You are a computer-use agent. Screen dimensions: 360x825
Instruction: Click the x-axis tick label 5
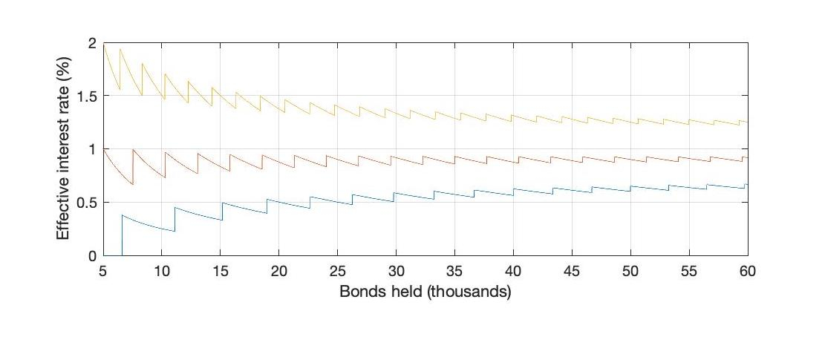pyautogui.click(x=103, y=272)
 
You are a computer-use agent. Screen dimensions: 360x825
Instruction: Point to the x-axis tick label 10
pyautogui.click(x=162, y=272)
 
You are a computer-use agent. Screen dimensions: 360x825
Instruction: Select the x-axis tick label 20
pyautogui.click(x=279, y=272)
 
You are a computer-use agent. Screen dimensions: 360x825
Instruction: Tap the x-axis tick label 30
pyautogui.click(x=397, y=272)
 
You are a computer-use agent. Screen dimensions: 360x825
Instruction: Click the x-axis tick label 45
pyautogui.click(x=572, y=272)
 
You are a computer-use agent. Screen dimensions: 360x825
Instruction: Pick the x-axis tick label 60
pyautogui.click(x=748, y=272)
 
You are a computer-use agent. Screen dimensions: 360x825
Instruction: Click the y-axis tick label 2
pyautogui.click(x=92, y=44)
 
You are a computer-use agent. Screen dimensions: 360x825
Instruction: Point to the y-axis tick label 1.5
pyautogui.click(x=86, y=96)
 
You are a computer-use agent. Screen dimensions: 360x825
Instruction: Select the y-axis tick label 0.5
pyautogui.click(x=86, y=203)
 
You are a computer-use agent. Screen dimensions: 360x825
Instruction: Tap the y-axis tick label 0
pyautogui.click(x=92, y=256)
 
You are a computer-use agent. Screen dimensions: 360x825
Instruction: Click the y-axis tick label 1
pyautogui.click(x=92, y=150)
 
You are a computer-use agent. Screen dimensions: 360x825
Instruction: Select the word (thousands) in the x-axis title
pyautogui.click(x=475, y=292)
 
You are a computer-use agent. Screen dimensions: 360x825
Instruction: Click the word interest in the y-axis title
pyautogui.click(x=64, y=155)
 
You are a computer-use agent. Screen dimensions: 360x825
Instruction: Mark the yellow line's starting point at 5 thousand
pyautogui.click(x=103, y=45)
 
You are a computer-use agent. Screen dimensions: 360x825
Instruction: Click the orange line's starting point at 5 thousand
pyautogui.click(x=103, y=150)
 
